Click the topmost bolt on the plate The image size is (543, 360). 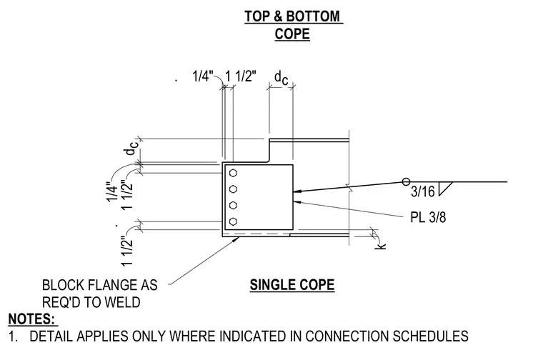pyautogui.click(x=233, y=173)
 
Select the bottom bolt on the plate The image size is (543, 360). pyautogui.click(x=233, y=221)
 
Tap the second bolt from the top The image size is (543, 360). pyautogui.click(x=233, y=189)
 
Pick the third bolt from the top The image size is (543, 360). pyautogui.click(x=233, y=205)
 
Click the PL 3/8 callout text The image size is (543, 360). pyautogui.click(x=428, y=217)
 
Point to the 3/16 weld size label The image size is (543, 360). pyautogui.click(x=422, y=191)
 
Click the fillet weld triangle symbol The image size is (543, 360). pyautogui.click(x=444, y=189)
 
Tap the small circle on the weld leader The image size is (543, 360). pyautogui.click(x=407, y=181)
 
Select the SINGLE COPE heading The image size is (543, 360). pyautogui.click(x=292, y=285)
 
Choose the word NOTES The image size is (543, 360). pyautogui.click(x=31, y=319)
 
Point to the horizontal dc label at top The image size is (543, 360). pyautogui.click(x=281, y=78)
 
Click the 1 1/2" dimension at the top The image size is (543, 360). pyautogui.click(x=241, y=76)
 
